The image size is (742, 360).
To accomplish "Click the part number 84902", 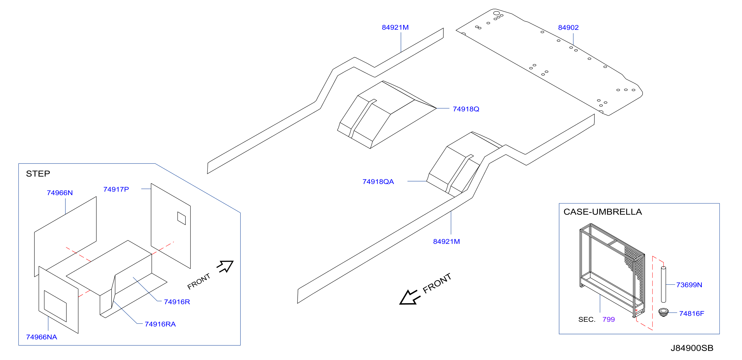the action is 568,28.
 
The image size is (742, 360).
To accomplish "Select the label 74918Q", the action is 466,109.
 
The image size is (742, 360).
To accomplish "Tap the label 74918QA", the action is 378,182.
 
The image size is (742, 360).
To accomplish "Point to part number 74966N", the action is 60,193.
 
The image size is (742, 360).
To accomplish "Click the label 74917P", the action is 116,189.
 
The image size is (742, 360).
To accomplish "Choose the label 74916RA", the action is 160,324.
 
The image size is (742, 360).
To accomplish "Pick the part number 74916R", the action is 177,302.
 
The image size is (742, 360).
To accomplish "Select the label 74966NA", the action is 41,337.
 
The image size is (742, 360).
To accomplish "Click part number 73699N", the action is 689,285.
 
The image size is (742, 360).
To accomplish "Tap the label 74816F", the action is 692,314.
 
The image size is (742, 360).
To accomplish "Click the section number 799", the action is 609,319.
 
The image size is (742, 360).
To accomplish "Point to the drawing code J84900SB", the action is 692,348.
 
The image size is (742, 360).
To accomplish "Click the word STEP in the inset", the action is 38,173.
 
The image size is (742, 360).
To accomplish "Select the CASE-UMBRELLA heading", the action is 603,212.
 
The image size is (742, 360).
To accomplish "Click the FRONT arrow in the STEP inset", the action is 225,266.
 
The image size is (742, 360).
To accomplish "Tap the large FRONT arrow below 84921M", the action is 410,297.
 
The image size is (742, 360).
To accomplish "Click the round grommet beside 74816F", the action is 664,312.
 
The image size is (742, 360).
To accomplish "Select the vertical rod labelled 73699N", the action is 664,285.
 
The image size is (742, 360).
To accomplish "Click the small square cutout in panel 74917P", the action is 182,218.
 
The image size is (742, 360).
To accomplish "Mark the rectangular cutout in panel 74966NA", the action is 55,306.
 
